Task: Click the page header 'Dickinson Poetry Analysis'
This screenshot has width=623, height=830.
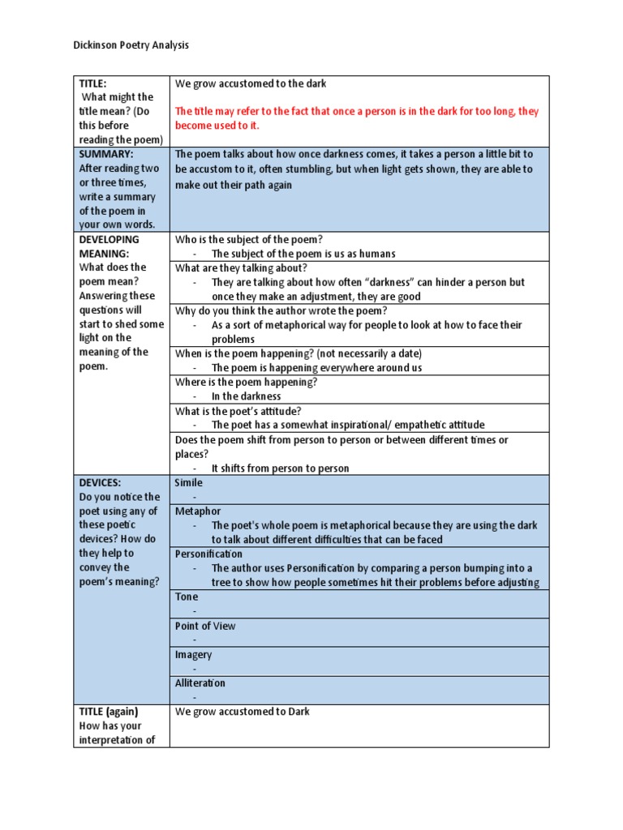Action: point(131,45)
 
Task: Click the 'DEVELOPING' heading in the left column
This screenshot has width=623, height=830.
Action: point(110,239)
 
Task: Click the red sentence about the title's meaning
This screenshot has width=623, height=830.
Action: point(357,118)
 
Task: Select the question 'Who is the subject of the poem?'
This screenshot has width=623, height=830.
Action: point(249,239)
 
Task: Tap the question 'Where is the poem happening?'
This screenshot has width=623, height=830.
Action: point(246,382)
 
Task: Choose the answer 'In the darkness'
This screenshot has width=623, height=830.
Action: point(246,396)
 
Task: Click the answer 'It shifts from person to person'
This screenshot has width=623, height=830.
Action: point(280,468)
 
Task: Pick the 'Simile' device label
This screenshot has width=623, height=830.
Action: point(189,482)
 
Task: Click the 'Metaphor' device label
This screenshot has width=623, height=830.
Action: point(198,511)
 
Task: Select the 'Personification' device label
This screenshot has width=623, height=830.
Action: point(208,554)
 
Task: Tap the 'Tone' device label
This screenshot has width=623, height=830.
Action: point(187,597)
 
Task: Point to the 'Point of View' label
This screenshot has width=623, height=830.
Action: point(205,626)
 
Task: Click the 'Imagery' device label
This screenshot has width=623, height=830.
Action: point(193,654)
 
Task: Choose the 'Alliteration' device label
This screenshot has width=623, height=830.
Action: point(200,683)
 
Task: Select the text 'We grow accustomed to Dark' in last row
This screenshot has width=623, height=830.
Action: point(243,712)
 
